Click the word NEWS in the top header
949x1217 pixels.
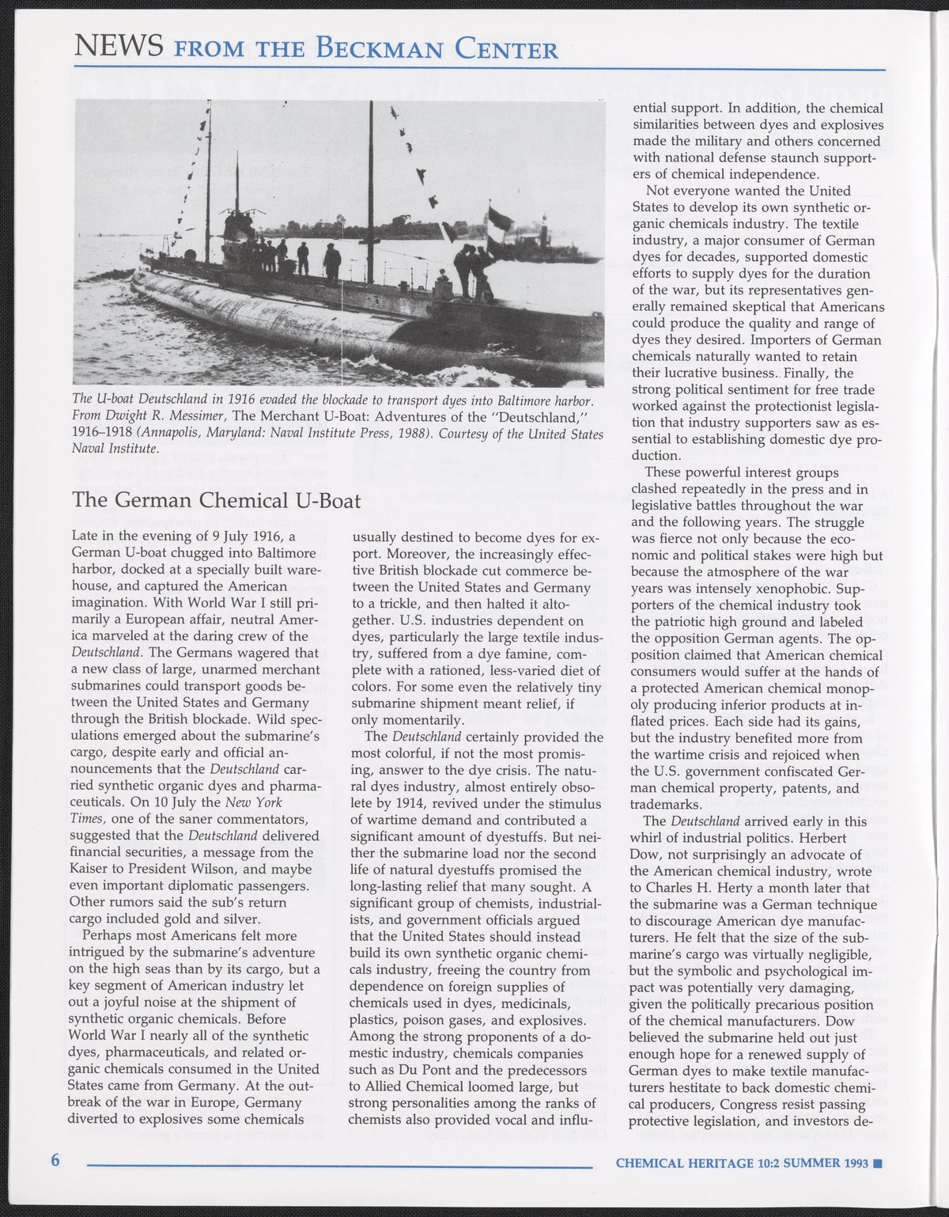click(117, 47)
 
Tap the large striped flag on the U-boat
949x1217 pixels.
click(500, 218)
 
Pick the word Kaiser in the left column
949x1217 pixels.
click(90, 869)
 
